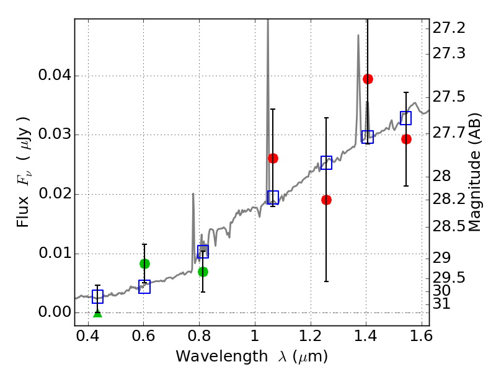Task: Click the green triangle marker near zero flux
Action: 97,313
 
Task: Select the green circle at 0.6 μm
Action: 144,263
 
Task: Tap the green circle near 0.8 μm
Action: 203,272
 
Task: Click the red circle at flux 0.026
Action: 273,158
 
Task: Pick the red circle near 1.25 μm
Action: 326,200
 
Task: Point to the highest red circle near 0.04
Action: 368,79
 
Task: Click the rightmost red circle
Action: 406,139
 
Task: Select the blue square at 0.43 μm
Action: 97,297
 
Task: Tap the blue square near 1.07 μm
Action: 273,197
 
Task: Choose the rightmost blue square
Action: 406,118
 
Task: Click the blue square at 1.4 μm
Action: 368,137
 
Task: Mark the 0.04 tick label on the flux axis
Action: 54,76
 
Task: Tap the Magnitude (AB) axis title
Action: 476,172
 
